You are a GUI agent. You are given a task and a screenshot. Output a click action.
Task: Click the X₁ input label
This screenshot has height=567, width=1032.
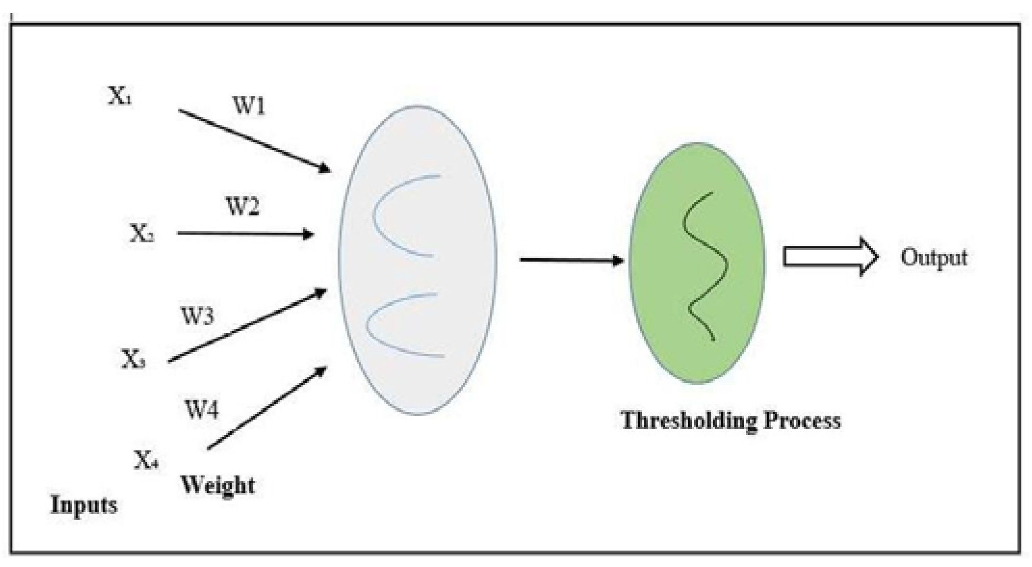click(x=119, y=97)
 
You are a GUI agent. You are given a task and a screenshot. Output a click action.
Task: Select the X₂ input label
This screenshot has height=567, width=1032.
click(x=142, y=234)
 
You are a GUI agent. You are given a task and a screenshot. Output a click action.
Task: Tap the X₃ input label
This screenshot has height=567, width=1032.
click(x=133, y=359)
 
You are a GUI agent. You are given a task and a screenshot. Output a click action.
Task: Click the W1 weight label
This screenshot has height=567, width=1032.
click(x=249, y=106)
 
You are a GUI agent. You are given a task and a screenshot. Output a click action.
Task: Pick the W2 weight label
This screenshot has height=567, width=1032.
click(x=243, y=207)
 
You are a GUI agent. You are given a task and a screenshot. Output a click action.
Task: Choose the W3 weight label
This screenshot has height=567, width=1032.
click(x=197, y=316)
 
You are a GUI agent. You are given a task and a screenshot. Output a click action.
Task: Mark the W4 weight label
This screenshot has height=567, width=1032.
click(x=202, y=409)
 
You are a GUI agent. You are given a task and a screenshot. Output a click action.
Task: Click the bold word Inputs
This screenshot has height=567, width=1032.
click(x=84, y=505)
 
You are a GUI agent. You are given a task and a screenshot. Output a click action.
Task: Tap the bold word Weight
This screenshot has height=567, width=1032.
click(x=218, y=485)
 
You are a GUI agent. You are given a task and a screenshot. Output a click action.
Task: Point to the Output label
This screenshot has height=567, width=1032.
click(x=934, y=258)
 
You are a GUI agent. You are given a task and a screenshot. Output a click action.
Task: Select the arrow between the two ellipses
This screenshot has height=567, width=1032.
click(x=572, y=260)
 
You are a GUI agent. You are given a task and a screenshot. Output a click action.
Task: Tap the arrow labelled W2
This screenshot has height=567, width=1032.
click(x=246, y=234)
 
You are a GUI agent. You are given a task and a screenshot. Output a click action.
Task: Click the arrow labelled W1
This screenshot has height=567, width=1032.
click(x=254, y=141)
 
